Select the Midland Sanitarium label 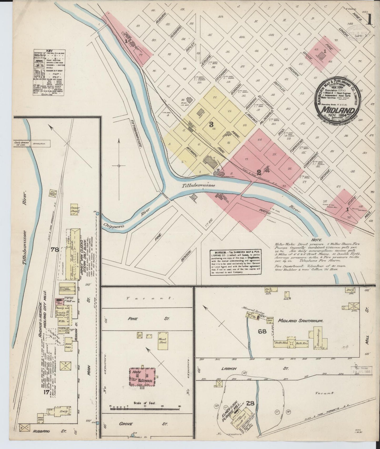pyautogui.click(x=301, y=321)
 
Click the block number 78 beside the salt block pyautogui.click(x=55, y=250)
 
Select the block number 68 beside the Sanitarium pyautogui.click(x=262, y=331)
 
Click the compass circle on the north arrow pyautogui.click(x=119, y=166)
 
